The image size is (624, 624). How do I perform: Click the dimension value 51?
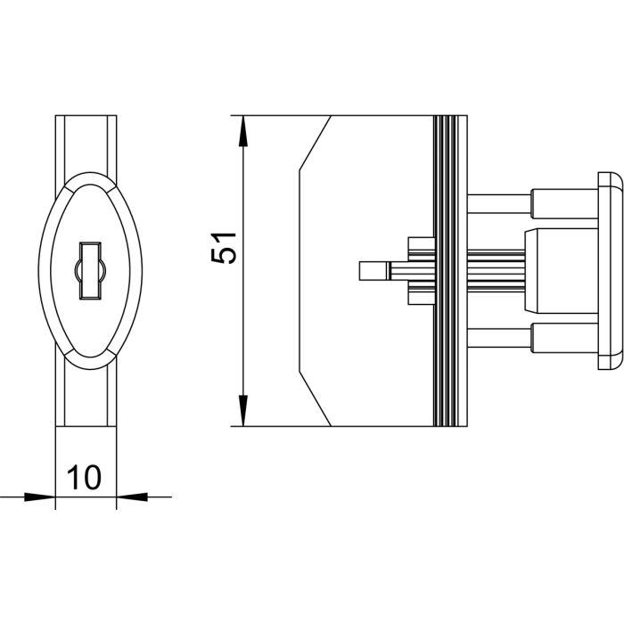coord(225,247)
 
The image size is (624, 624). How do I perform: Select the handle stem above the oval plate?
coord(86,143)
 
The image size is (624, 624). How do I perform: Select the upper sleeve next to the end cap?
coord(562,204)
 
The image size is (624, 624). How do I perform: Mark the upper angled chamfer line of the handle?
coord(315,143)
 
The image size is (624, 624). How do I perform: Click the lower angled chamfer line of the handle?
coord(315,399)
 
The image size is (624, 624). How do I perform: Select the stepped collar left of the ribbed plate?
coord(419,270)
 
